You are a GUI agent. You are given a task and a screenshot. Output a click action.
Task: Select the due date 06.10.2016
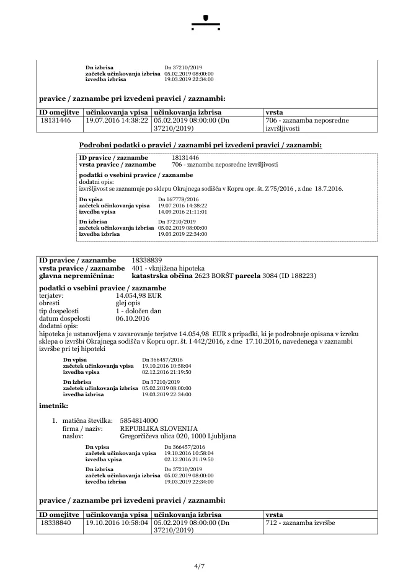[133, 319]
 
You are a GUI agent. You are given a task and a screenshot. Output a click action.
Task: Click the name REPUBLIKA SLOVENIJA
[159, 428]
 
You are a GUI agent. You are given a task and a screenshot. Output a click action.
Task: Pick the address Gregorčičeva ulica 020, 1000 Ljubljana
[178, 436]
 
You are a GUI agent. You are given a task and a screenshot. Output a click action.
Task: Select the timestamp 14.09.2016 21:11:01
[182, 211]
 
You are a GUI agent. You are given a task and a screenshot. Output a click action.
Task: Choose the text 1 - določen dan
[138, 311]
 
